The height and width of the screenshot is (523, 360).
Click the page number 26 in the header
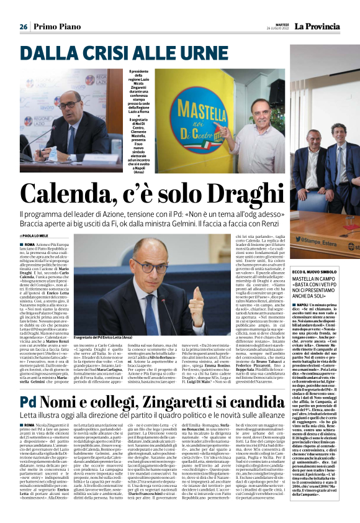pyautogui.click(x=24, y=27)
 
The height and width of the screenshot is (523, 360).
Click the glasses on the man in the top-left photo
pyautogui.click(x=68, y=105)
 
